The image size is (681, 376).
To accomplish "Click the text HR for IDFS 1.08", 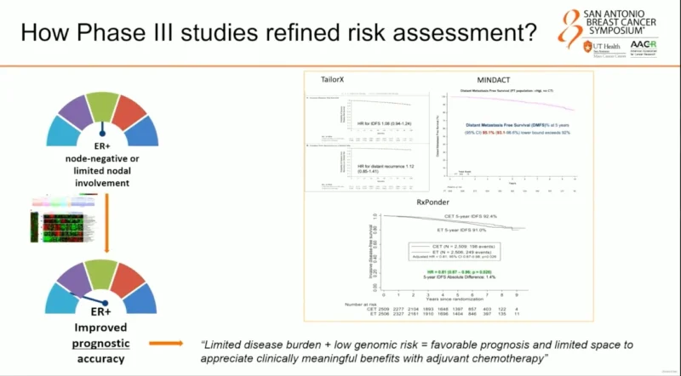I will coord(371,124).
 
